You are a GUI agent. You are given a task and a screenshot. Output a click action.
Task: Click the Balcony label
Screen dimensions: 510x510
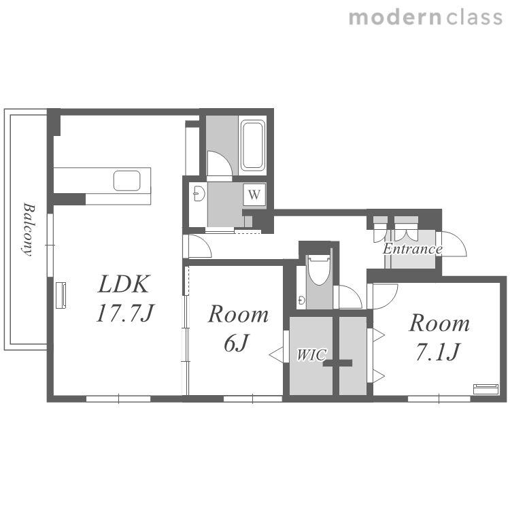29,230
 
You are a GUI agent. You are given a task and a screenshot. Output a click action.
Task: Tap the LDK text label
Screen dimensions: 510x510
124,284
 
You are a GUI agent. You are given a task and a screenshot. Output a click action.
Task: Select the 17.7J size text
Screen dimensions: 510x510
125,313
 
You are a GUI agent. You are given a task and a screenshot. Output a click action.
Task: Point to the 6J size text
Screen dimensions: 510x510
237,343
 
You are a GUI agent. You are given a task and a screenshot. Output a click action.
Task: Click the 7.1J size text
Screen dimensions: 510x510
438,352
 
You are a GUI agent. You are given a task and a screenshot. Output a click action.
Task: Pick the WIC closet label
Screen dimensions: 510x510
311,354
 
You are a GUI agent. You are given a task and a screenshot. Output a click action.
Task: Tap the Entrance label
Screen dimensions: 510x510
413,249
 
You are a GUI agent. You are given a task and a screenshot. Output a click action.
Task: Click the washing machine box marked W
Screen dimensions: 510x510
254,194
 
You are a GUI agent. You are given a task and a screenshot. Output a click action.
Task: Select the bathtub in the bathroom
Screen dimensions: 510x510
253,144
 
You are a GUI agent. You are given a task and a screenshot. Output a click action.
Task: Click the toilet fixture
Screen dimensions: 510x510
319,269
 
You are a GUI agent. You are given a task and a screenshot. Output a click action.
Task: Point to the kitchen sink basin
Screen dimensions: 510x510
127,180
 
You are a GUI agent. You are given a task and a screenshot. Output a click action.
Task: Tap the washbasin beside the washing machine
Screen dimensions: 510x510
199,194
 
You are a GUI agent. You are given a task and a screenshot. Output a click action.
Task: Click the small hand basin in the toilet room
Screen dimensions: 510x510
301,300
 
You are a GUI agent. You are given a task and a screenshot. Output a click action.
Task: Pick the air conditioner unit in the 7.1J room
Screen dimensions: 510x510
486,389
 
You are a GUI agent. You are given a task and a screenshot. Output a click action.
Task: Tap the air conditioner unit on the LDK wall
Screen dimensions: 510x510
61,295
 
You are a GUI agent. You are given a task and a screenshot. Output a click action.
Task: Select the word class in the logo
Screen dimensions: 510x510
474,18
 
